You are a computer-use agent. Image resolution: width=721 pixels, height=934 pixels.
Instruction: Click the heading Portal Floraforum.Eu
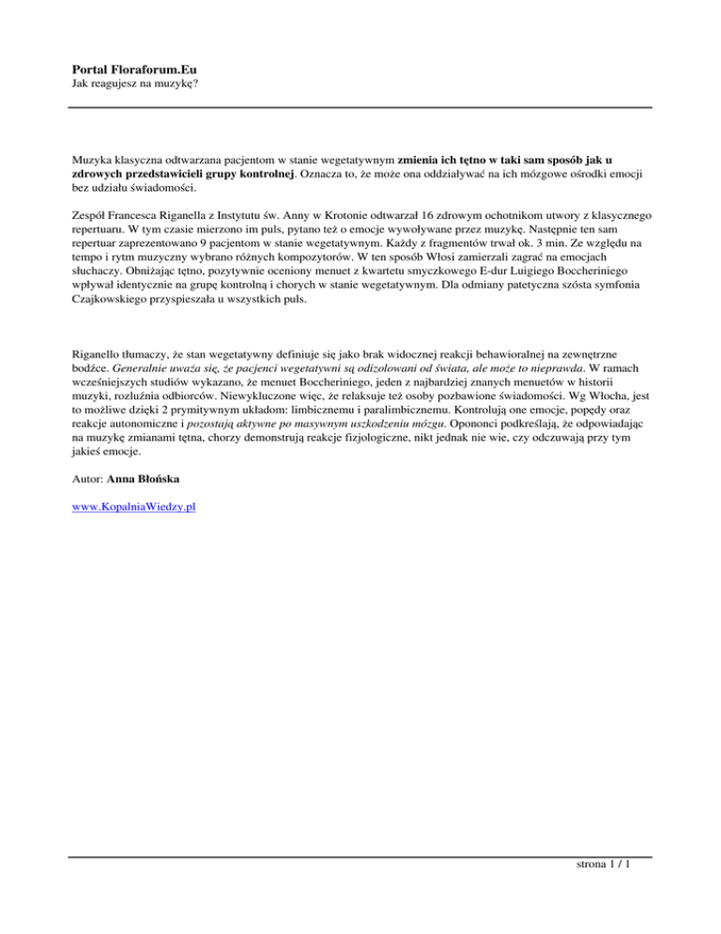140,69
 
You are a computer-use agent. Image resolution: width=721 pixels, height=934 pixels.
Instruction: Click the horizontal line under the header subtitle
361,107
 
